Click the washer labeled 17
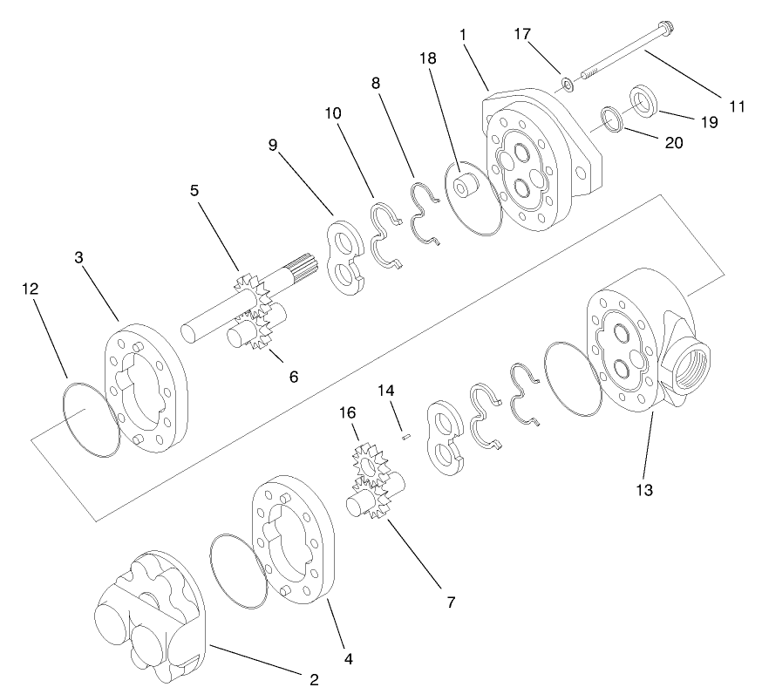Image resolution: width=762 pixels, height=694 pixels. tap(567, 85)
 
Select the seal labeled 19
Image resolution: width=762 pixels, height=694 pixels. tap(643, 100)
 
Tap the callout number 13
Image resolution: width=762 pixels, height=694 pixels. tap(643, 490)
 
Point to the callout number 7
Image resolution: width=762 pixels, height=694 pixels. tap(450, 602)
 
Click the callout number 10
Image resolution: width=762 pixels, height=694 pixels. tap(334, 113)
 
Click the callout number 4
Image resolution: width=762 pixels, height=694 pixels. tap(349, 659)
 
